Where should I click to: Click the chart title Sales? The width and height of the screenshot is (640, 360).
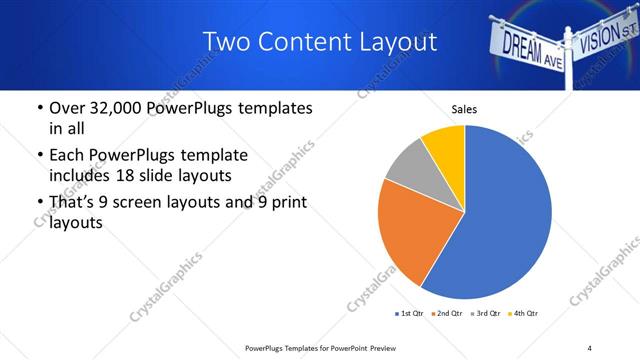click(x=464, y=108)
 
